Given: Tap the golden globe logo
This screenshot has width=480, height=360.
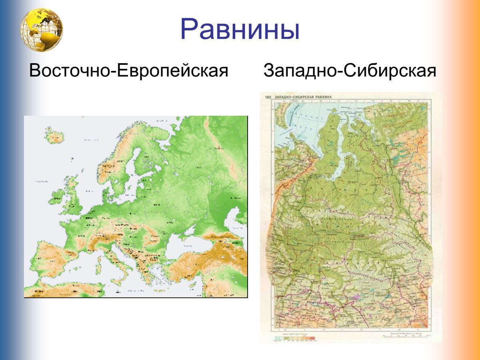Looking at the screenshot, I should click(x=42, y=30).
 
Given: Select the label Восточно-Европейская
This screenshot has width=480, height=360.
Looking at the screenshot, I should click(x=129, y=71).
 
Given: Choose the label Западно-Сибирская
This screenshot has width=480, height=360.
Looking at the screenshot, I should click(x=350, y=71).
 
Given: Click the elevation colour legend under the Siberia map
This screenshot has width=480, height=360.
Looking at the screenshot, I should click(x=296, y=338).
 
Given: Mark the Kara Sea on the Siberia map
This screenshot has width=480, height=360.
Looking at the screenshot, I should click(x=308, y=120).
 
